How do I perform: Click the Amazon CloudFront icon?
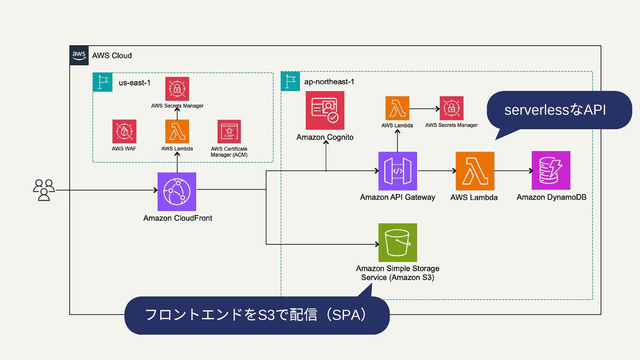177,192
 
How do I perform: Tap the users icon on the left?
44,190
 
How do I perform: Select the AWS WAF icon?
124,131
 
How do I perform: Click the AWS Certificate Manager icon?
229,132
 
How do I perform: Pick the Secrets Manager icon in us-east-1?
177,89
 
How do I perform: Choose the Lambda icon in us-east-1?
177,131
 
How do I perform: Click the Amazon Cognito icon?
325,110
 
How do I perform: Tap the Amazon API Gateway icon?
398,171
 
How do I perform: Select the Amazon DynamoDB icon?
551,170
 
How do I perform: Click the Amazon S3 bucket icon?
398,243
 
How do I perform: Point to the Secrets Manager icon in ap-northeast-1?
451,108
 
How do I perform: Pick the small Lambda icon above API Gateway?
397,108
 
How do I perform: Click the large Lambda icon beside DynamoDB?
475,171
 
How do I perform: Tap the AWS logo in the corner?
79,55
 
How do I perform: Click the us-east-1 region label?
135,83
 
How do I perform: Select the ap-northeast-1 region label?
329,82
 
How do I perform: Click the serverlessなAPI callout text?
555,110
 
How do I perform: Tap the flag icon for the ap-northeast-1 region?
290,81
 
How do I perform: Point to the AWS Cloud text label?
112,56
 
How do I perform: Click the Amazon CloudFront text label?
178,218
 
